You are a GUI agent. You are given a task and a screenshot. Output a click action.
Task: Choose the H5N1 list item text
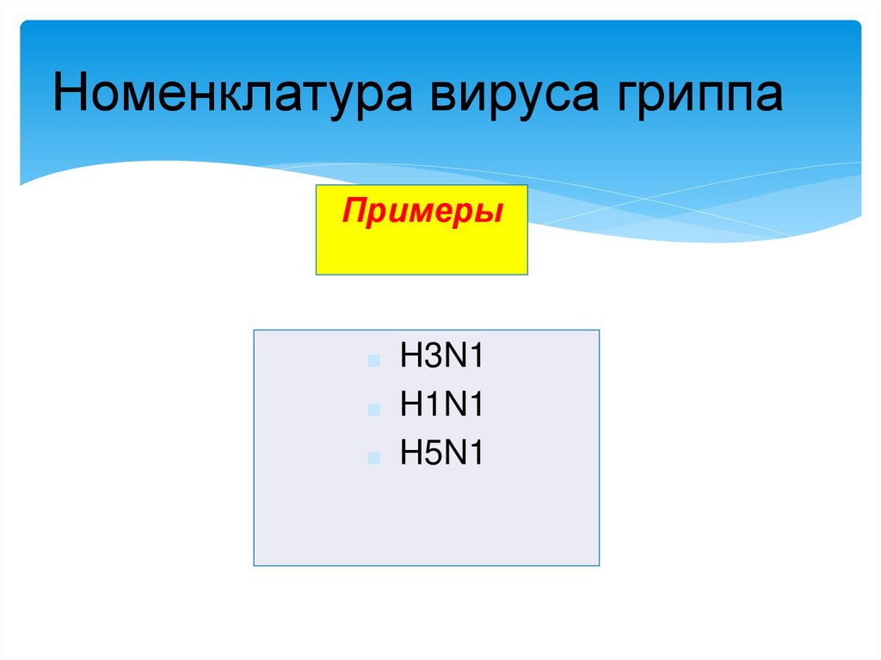click(x=440, y=453)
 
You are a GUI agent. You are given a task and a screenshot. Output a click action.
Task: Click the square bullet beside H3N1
click(x=373, y=361)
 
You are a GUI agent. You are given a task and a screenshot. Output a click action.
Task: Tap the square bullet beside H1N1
click(x=373, y=410)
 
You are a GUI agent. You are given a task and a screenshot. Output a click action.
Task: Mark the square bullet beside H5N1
click(x=373, y=459)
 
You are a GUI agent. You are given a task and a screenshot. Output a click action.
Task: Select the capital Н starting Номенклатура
click(x=70, y=94)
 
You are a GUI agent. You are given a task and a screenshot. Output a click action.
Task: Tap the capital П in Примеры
click(x=354, y=210)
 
